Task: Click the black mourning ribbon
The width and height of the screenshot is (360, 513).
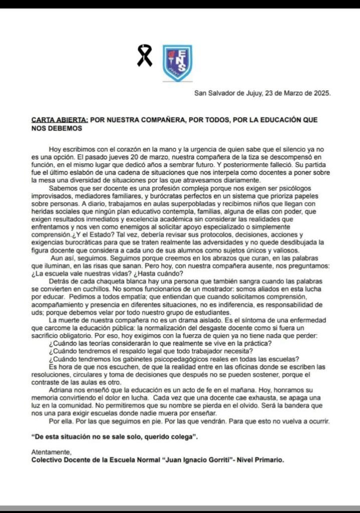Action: [144, 56]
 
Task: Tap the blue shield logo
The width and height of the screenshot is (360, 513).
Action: [177, 63]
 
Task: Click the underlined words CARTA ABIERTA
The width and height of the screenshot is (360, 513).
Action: [60, 120]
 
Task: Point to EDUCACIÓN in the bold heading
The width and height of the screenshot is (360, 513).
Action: [277, 120]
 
